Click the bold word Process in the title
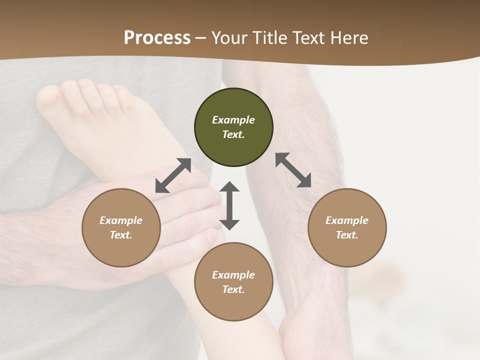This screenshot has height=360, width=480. click(157, 38)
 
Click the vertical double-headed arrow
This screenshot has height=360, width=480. click(229, 205)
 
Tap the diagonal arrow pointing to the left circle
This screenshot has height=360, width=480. click(173, 175)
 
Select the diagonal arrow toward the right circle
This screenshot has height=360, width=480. click(293, 170)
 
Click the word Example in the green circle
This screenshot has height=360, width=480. click(233, 120)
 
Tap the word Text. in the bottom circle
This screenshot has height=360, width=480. click(233, 289)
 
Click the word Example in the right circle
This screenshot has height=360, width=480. click(347, 220)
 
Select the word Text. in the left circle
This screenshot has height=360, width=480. click(121, 235)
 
